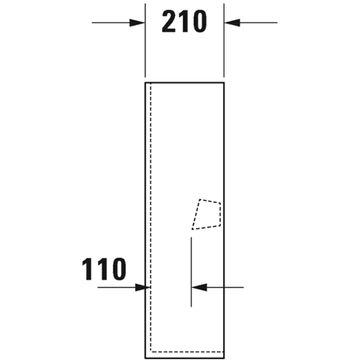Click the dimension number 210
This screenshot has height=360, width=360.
[x=184, y=22]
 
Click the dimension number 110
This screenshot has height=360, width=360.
[x=104, y=269]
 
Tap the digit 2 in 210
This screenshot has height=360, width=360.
[x=169, y=22]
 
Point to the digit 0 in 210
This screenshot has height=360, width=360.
[x=199, y=22]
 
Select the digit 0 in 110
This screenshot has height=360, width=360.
[x=119, y=269]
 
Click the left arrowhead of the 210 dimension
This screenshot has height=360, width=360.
[x=138, y=23]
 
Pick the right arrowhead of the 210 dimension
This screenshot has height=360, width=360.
[x=232, y=23]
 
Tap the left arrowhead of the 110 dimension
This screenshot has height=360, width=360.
[x=143, y=287]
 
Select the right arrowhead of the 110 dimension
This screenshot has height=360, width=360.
[x=199, y=287]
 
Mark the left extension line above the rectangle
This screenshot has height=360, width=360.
[x=145, y=40]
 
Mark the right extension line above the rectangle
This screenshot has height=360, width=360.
[x=224, y=40]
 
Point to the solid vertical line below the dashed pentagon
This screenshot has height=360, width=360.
[x=191, y=272]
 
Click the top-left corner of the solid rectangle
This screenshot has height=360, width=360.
[x=145, y=83]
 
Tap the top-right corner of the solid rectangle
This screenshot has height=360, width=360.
[x=224, y=83]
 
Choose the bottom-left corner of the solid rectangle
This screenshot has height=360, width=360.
[x=145, y=359]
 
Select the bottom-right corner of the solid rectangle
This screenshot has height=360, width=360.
[x=224, y=359]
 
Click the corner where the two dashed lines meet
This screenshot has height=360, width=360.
[x=150, y=352]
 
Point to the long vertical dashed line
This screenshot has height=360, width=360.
[x=150, y=217]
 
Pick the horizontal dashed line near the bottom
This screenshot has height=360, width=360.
[x=187, y=352]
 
